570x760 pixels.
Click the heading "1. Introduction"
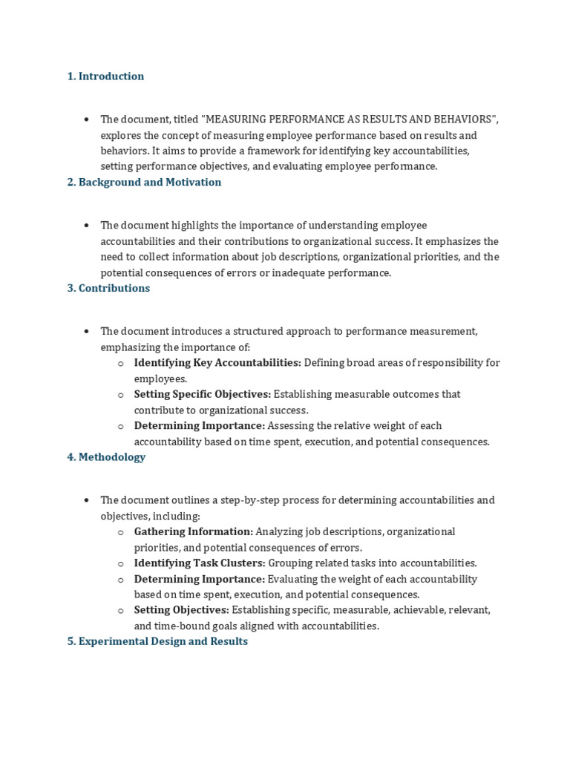coord(105,76)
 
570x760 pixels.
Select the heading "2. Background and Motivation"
coord(144,183)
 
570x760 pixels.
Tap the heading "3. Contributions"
coord(108,288)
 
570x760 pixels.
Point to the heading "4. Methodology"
coord(106,457)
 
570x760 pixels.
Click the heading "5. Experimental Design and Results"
coord(157,641)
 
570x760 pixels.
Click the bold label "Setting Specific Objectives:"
coord(203,394)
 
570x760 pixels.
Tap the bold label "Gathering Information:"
coord(194,532)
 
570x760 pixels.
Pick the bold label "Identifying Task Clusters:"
coord(200,563)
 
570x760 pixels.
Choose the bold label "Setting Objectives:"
coord(182,610)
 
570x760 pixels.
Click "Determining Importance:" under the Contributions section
coord(200,426)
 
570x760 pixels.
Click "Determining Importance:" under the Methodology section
coord(200,579)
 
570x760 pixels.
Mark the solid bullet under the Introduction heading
coord(87,119)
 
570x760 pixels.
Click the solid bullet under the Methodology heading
coord(87,501)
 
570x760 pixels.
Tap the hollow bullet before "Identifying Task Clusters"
coord(120,564)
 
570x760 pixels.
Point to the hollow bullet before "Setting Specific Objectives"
coord(120,395)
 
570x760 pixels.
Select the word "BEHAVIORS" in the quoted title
coord(464,119)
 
